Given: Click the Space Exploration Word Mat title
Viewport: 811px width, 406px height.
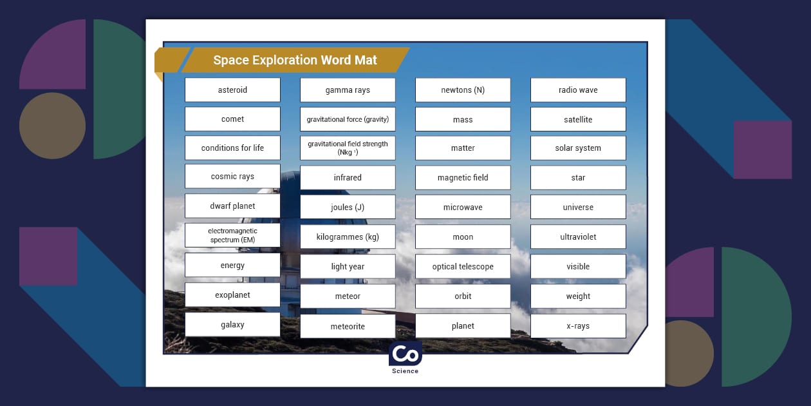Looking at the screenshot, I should (295, 61).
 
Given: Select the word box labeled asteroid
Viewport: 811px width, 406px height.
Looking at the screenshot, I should (232, 90).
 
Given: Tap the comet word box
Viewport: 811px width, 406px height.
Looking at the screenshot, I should (232, 119).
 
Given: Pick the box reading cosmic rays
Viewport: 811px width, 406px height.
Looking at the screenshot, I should (232, 177).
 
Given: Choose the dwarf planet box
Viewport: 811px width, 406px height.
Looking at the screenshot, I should (232, 206).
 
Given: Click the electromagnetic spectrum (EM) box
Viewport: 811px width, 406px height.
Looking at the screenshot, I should (232, 235).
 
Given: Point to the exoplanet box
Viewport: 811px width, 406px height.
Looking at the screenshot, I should (232, 295).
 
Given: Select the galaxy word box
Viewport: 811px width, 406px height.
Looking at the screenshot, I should (232, 325).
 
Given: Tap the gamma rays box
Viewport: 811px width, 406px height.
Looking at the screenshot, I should (348, 90).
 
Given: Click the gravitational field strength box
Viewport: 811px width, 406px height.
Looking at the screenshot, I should (348, 148).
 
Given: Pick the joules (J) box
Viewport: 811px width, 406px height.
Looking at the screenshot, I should (348, 208).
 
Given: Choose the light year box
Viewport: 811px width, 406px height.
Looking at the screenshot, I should (348, 267).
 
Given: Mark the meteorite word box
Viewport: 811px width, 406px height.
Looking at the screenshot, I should (348, 327).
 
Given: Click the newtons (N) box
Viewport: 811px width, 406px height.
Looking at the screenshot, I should (463, 90).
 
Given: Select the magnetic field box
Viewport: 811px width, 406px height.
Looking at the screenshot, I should (463, 178).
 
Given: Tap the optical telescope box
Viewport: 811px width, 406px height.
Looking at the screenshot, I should (463, 267).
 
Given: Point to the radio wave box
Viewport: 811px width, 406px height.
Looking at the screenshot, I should (578, 90).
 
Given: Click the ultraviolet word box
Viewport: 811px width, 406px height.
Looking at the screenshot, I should (578, 237).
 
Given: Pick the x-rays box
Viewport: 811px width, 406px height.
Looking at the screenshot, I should (578, 326).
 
